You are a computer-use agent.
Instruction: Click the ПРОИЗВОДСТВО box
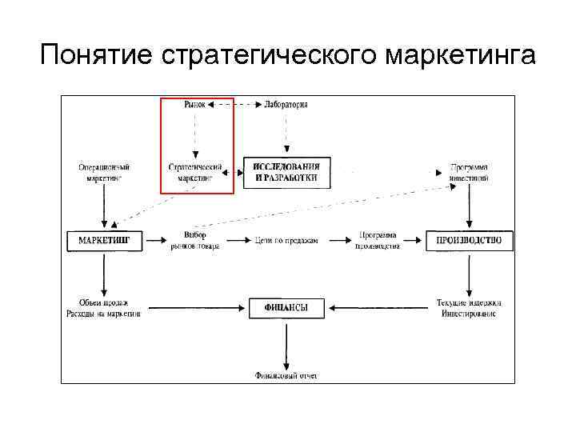tap(470, 240)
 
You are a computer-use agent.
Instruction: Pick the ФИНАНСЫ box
tap(286, 307)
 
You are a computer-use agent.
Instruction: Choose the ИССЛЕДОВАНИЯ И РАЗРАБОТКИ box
tap(286, 173)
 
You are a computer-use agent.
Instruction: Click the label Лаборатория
tap(286, 105)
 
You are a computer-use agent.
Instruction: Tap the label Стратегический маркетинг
tap(195, 173)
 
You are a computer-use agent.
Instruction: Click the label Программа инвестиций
tap(470, 173)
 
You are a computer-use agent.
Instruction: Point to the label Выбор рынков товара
tap(195, 240)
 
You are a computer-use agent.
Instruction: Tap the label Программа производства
tap(378, 240)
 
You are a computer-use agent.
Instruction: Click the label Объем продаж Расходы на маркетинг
tap(104, 308)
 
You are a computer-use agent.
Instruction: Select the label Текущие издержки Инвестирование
tap(470, 308)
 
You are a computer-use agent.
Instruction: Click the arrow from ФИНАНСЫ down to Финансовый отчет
tap(286, 344)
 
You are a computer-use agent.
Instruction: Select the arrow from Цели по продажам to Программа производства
tap(337, 240)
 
